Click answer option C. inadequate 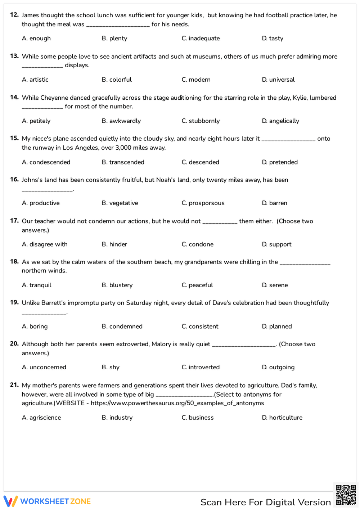(201, 39)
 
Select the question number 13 (14, 56)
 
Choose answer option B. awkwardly (121, 121)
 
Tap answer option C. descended (200, 162)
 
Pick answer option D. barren (274, 203)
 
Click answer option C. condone (197, 244)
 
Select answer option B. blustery (117, 285)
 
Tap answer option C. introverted (201, 367)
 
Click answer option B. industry (117, 418)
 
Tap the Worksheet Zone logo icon (10, 501)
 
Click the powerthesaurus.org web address (177, 403)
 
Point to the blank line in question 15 (288, 140)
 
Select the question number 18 (14, 262)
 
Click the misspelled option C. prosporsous (203, 203)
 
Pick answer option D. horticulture (282, 418)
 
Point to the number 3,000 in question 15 (123, 148)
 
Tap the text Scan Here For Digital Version (265, 502)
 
